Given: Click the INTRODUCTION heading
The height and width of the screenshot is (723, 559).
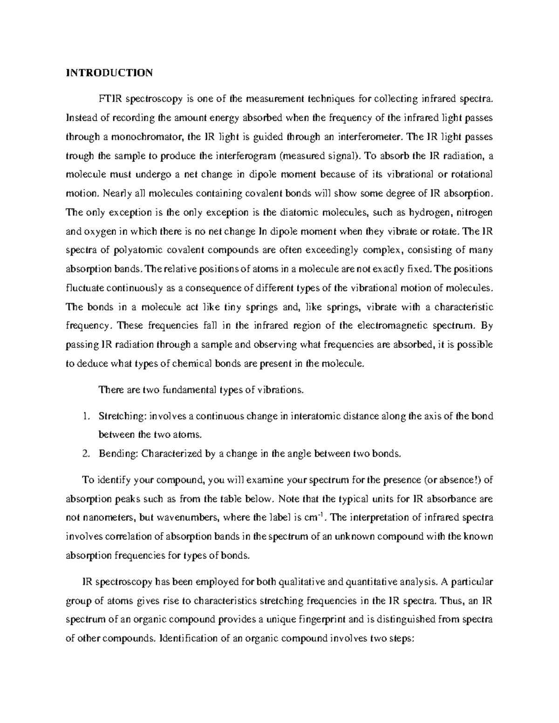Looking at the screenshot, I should click(109, 73).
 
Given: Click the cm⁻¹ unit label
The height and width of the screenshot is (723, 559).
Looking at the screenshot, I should click(316, 517).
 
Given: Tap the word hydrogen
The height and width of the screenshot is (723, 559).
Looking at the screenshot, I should click(427, 213).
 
